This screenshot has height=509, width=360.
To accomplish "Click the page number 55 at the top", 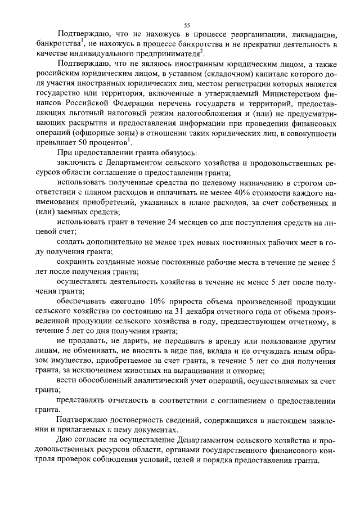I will point(187,25).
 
